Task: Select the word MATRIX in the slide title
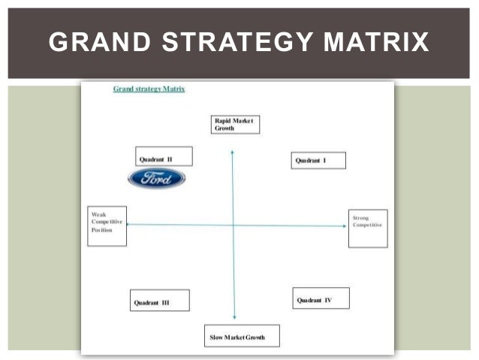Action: click(375, 42)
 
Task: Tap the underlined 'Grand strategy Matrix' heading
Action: click(149, 89)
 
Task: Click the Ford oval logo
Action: click(157, 178)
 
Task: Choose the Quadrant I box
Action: click(318, 160)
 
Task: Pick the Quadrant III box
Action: click(159, 301)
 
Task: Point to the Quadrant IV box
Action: click(321, 298)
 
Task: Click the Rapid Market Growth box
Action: click(234, 125)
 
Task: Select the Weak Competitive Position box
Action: click(107, 225)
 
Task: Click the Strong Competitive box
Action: click(368, 228)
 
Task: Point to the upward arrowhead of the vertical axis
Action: click(232, 153)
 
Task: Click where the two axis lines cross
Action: click(233, 225)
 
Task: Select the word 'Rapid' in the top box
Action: click(222, 120)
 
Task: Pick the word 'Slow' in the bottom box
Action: click(218, 337)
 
